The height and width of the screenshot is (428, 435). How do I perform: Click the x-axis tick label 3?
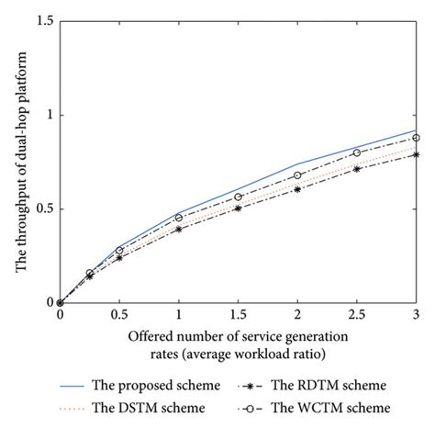[416, 315]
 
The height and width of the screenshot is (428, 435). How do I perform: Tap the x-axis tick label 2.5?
[356, 315]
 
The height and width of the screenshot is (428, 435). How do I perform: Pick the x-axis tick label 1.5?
[238, 315]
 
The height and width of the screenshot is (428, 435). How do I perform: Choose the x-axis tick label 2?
[297, 315]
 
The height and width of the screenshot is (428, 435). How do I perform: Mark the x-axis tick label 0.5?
[119, 315]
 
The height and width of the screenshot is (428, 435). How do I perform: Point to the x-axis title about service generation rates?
[238, 341]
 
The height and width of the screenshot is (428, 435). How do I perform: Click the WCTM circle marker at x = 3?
[416, 138]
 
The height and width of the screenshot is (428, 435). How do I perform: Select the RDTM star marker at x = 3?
[416, 154]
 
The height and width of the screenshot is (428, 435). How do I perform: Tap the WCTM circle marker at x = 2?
[297, 175]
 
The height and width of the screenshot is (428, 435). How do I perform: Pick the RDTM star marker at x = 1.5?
[238, 208]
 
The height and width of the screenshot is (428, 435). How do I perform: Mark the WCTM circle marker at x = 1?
[178, 218]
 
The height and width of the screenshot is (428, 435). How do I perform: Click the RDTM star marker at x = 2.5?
[356, 169]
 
